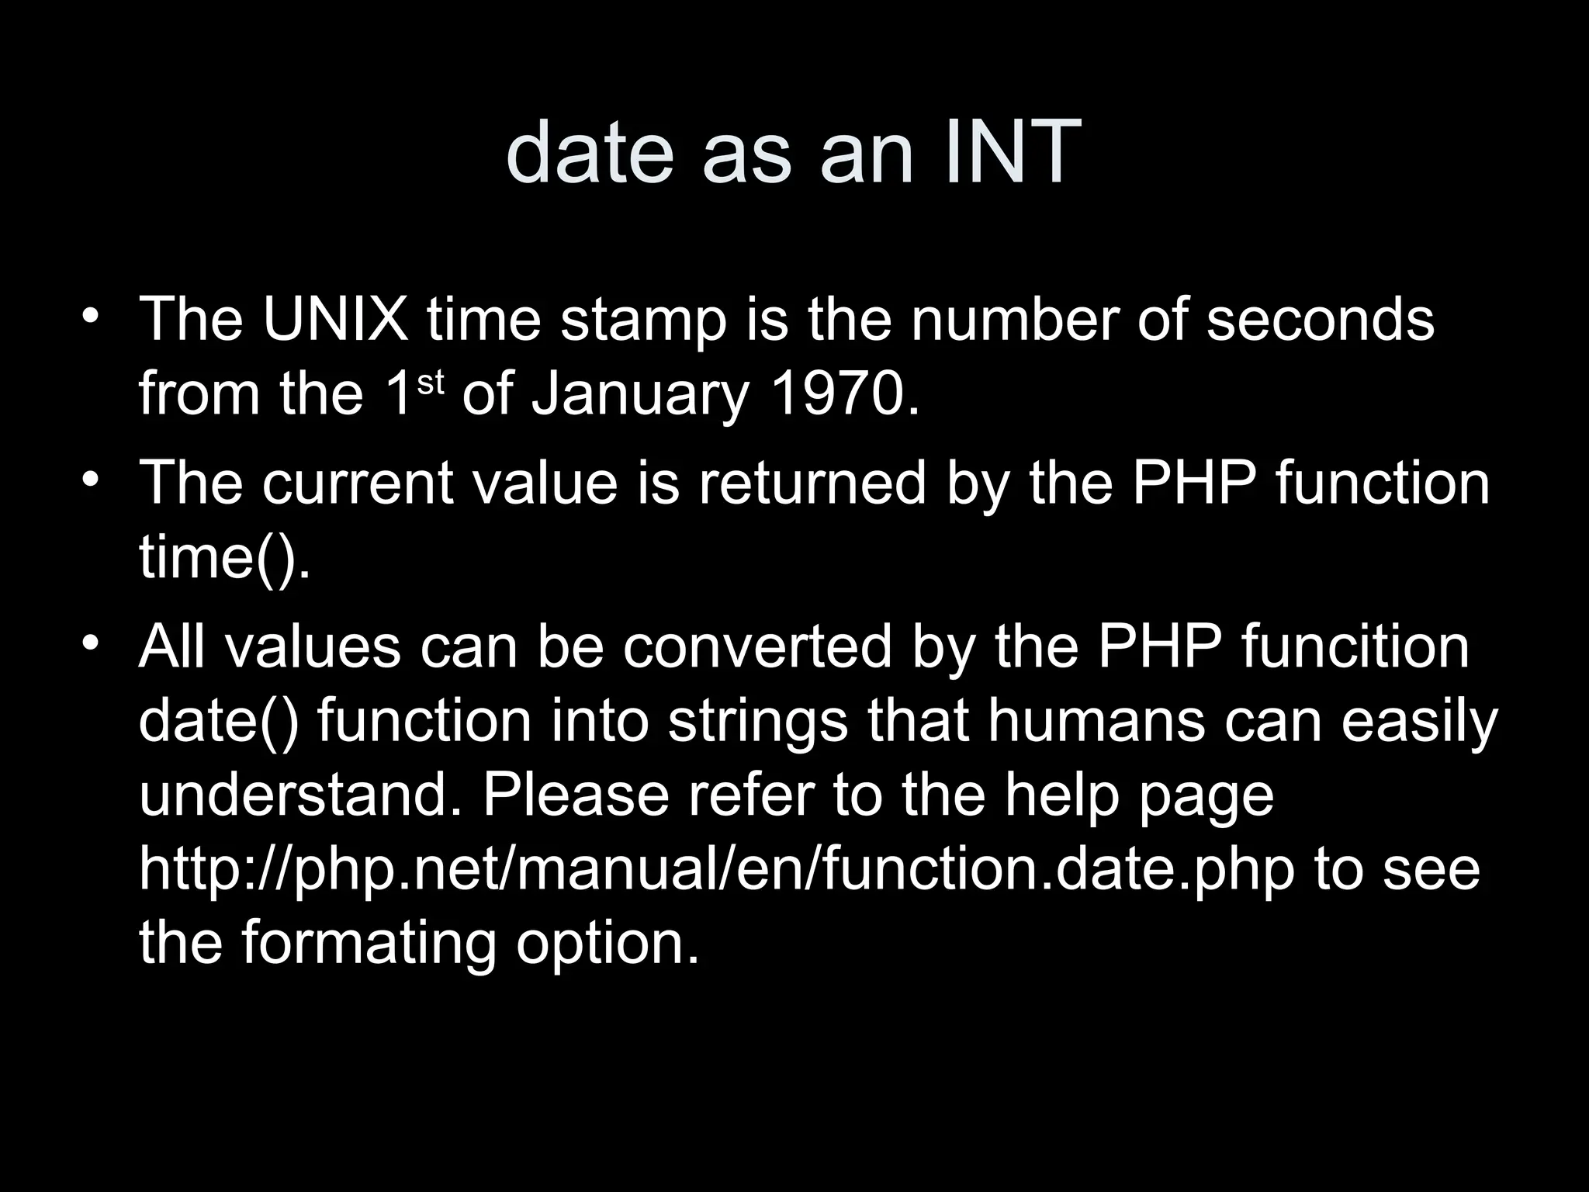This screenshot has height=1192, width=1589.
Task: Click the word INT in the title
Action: [x=1013, y=152]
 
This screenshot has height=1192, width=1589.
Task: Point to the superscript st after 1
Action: [x=431, y=383]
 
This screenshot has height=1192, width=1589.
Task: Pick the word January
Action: [x=639, y=395]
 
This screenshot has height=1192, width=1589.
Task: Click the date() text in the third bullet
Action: [x=217, y=721]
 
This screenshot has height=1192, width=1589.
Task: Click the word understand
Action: [x=295, y=795]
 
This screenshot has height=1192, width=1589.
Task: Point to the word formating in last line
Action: [x=368, y=944]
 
